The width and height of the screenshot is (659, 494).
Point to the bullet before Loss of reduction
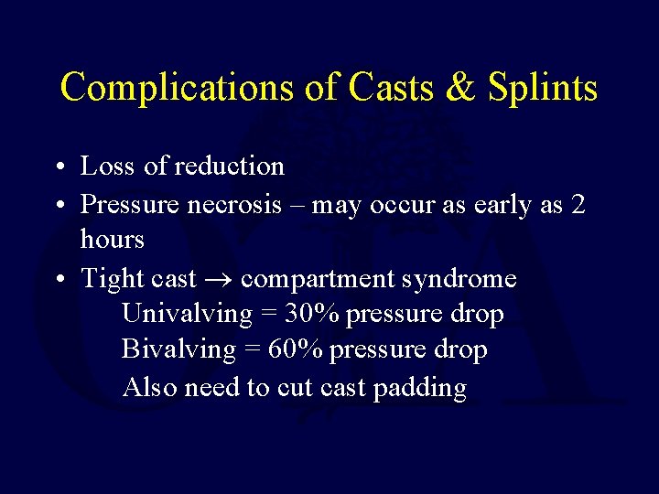tap(57, 167)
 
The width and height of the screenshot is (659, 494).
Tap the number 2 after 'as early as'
tap(577, 204)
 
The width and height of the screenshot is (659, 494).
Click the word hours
tap(113, 240)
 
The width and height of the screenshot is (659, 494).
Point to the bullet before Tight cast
tap(57, 279)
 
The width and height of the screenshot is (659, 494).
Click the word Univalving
tap(187, 315)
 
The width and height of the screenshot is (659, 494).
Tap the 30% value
tap(311, 314)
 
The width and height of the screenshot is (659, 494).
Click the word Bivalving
tap(178, 350)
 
